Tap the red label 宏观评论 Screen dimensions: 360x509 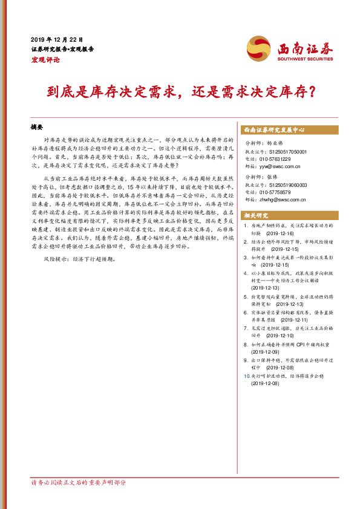coord(45,59)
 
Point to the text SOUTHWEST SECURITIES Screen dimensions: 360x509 coord(306,58)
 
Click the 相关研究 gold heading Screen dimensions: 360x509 coord(257,215)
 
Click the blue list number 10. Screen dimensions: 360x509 coord(245,375)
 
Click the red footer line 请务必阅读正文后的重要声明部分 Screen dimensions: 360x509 coord(79,482)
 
